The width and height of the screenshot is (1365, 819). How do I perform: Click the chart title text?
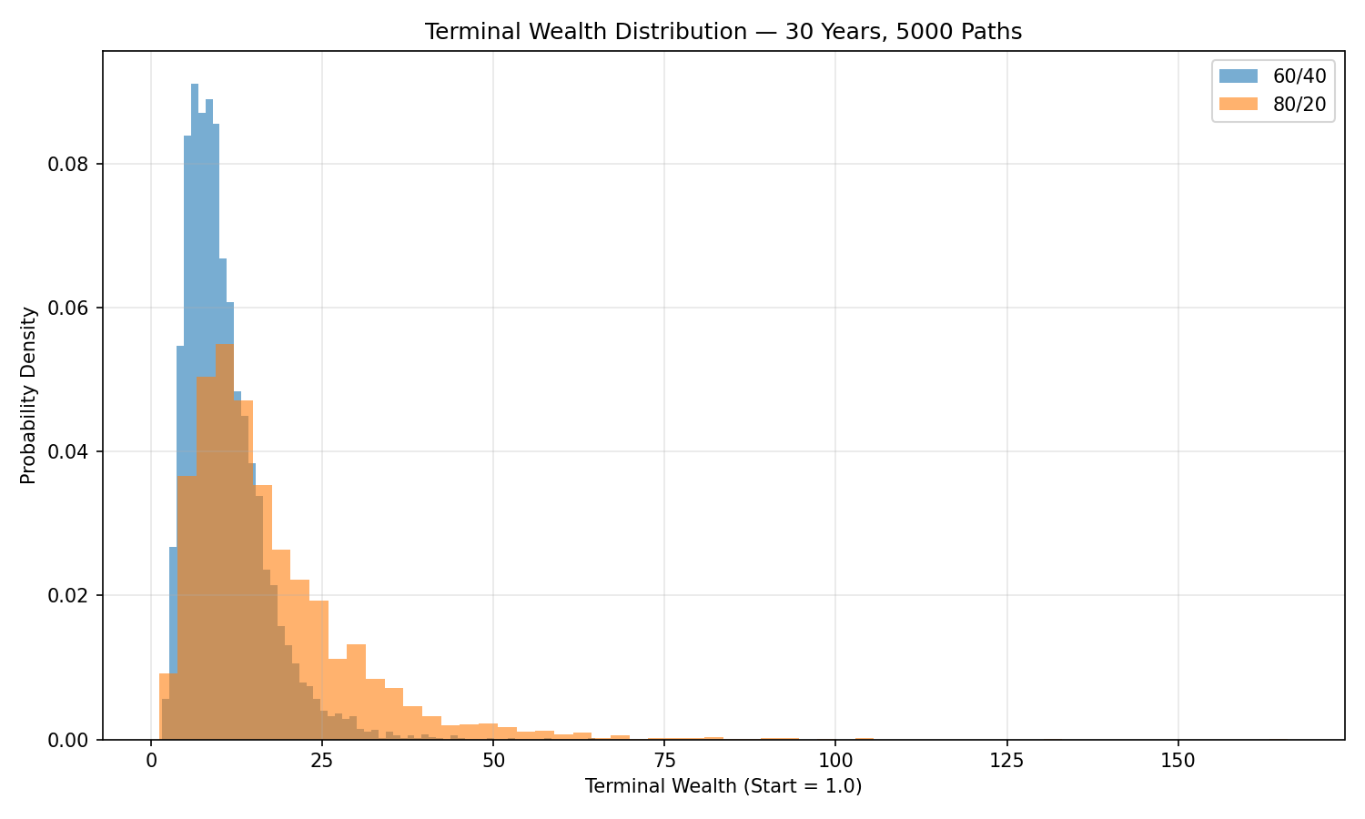[723, 32]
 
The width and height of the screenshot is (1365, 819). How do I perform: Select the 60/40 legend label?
[1299, 77]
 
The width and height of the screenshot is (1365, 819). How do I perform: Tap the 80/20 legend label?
[1299, 105]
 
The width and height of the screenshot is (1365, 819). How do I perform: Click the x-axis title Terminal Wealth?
[723, 786]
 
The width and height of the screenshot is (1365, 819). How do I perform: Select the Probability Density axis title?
[29, 395]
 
